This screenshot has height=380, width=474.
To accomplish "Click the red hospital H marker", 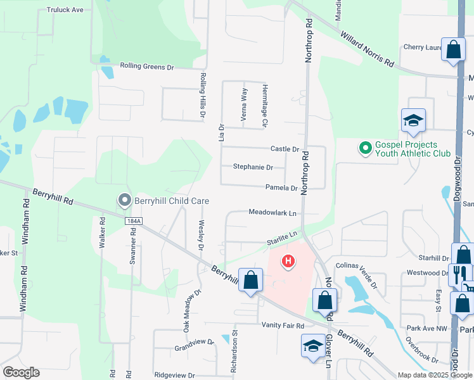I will pyautogui.click(x=288, y=260).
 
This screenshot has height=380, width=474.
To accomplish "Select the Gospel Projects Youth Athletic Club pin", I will pyautogui.click(x=365, y=149).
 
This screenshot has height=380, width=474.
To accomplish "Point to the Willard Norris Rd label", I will pyautogui.click(x=368, y=49).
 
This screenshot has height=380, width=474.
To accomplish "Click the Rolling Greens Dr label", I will pyautogui.click(x=147, y=66).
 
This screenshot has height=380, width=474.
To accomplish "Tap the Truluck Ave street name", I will pyautogui.click(x=65, y=10).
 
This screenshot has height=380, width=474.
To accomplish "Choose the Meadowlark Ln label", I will pyautogui.click(x=272, y=213).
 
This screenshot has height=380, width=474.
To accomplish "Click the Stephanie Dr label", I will pyautogui.click(x=253, y=167).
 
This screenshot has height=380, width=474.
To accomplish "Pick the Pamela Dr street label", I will pyautogui.click(x=281, y=188).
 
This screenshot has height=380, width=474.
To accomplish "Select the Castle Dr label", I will pyautogui.click(x=285, y=149).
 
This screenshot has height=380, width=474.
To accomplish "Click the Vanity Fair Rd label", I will pyautogui.click(x=283, y=325).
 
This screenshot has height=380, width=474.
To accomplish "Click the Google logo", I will pyautogui.click(x=21, y=372).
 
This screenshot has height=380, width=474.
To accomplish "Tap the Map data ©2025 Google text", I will pyautogui.click(x=434, y=375).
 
